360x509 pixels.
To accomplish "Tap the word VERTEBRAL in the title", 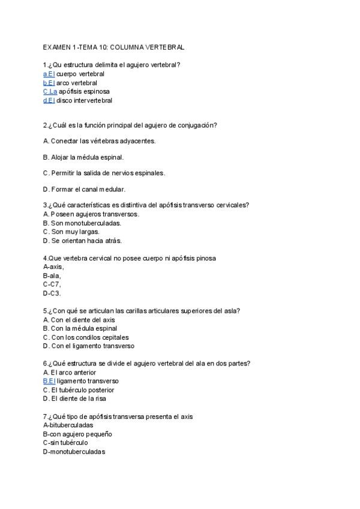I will tap(165, 46).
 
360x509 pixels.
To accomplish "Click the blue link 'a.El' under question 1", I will tap(49, 74).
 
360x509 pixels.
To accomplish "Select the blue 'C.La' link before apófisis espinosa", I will tap(50, 91).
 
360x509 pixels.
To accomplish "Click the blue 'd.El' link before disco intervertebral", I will tap(49, 100).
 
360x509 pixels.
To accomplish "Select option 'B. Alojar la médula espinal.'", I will tap(83, 157).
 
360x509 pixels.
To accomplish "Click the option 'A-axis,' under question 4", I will tap(53, 267).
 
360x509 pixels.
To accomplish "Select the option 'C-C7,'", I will tap(52, 285).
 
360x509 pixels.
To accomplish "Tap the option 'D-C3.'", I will tap(52, 294).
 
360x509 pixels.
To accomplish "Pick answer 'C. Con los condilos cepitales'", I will tap(86, 337).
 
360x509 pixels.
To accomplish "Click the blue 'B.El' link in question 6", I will tap(49, 381).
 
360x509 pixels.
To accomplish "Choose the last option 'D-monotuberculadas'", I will tap(74, 451).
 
